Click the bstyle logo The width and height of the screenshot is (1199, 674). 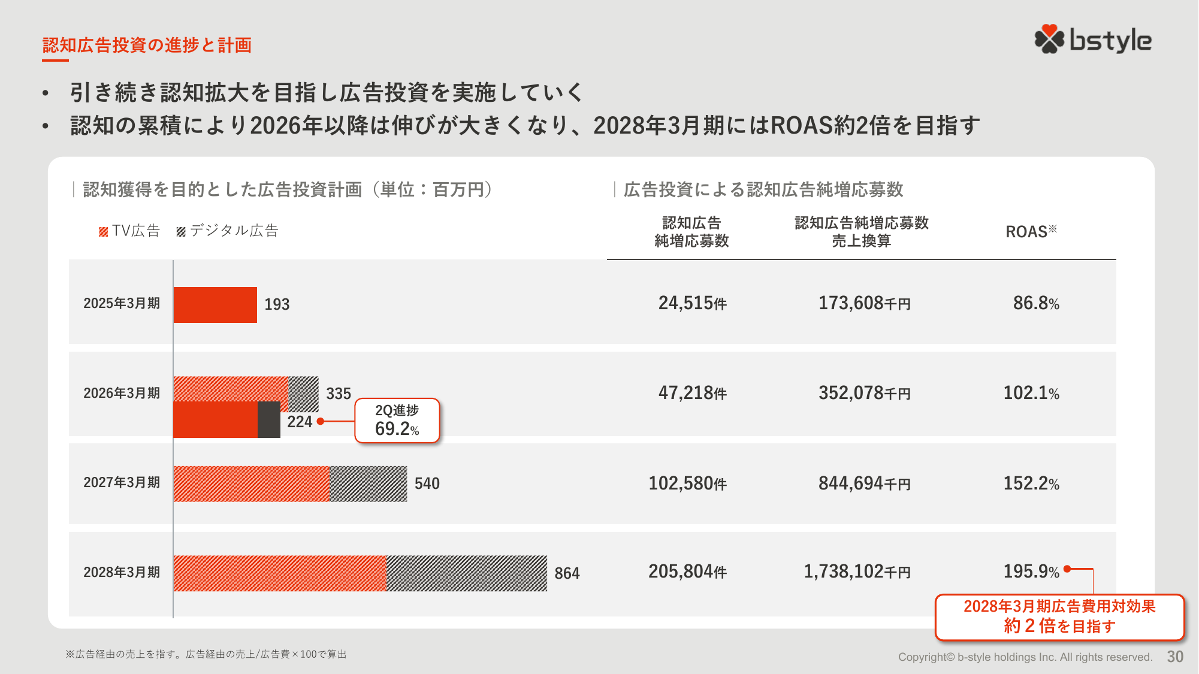[1092, 40]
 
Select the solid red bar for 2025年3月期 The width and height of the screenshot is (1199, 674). [215, 305]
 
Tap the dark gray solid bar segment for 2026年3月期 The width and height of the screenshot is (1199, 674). [269, 419]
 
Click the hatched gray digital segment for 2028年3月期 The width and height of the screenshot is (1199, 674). [466, 573]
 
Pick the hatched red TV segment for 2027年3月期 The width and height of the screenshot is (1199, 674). [251, 483]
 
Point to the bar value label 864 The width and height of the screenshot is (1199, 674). [567, 573]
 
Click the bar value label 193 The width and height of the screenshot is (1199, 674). [277, 304]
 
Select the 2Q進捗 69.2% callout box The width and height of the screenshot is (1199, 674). [397, 421]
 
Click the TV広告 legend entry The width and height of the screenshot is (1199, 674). [130, 231]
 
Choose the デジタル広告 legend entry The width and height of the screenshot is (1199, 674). [228, 231]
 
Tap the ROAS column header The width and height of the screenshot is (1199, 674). [1031, 232]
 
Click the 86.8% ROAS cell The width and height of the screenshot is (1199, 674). [1036, 303]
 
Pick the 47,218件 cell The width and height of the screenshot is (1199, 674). [692, 393]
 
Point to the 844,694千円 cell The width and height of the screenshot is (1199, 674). [864, 483]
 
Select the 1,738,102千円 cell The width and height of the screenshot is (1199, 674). [857, 572]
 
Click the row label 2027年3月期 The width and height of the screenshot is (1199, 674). [122, 483]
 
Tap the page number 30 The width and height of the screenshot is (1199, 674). [1175, 657]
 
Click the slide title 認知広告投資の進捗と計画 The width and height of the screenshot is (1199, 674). [147, 45]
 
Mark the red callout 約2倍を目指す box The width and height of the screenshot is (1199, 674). [1059, 617]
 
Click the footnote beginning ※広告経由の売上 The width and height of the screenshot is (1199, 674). [206, 654]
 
